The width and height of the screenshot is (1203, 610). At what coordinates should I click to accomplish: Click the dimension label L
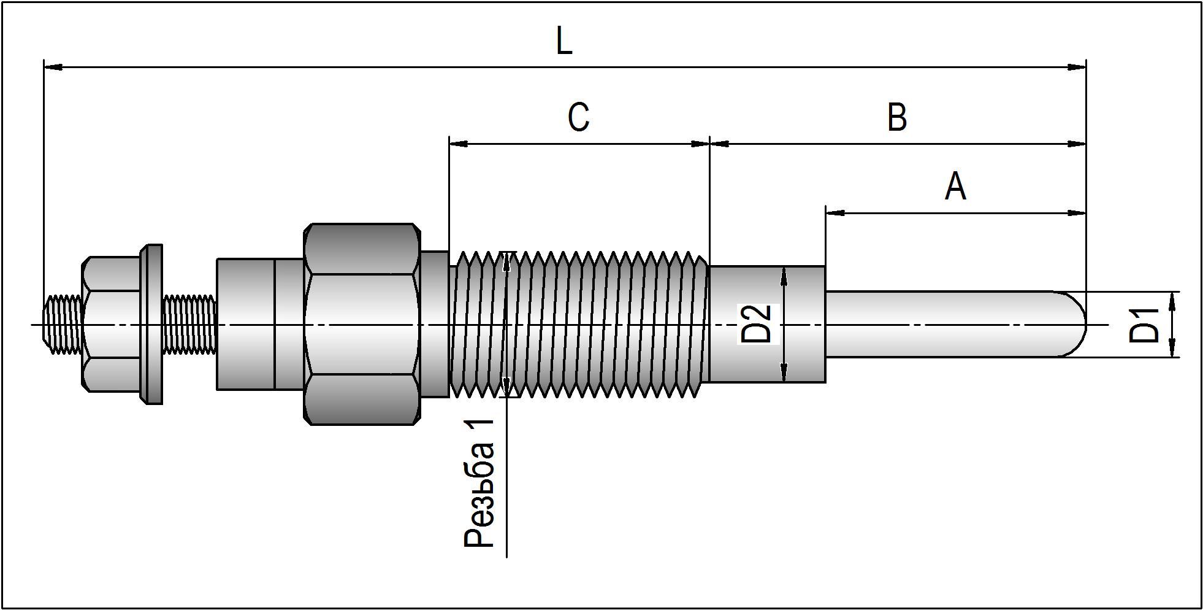[564, 42]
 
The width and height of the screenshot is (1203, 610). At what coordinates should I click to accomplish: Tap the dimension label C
[578, 117]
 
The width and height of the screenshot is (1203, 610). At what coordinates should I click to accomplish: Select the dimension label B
[897, 117]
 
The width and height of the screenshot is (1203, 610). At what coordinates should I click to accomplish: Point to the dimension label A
[955, 187]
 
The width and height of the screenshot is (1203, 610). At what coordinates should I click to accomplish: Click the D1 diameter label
[1145, 325]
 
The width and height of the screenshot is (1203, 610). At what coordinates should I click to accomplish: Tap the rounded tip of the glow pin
[1076, 324]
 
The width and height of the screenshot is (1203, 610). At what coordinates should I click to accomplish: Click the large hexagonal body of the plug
[362, 324]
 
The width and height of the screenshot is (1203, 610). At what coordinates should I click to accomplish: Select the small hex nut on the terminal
[110, 324]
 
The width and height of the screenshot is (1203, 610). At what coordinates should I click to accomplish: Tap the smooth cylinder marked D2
[797, 324]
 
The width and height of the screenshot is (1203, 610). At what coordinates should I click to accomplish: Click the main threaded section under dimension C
[579, 324]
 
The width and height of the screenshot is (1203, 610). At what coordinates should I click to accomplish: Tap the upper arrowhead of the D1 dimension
[1172, 299]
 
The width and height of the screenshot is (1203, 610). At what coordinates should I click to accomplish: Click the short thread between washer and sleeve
[189, 324]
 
